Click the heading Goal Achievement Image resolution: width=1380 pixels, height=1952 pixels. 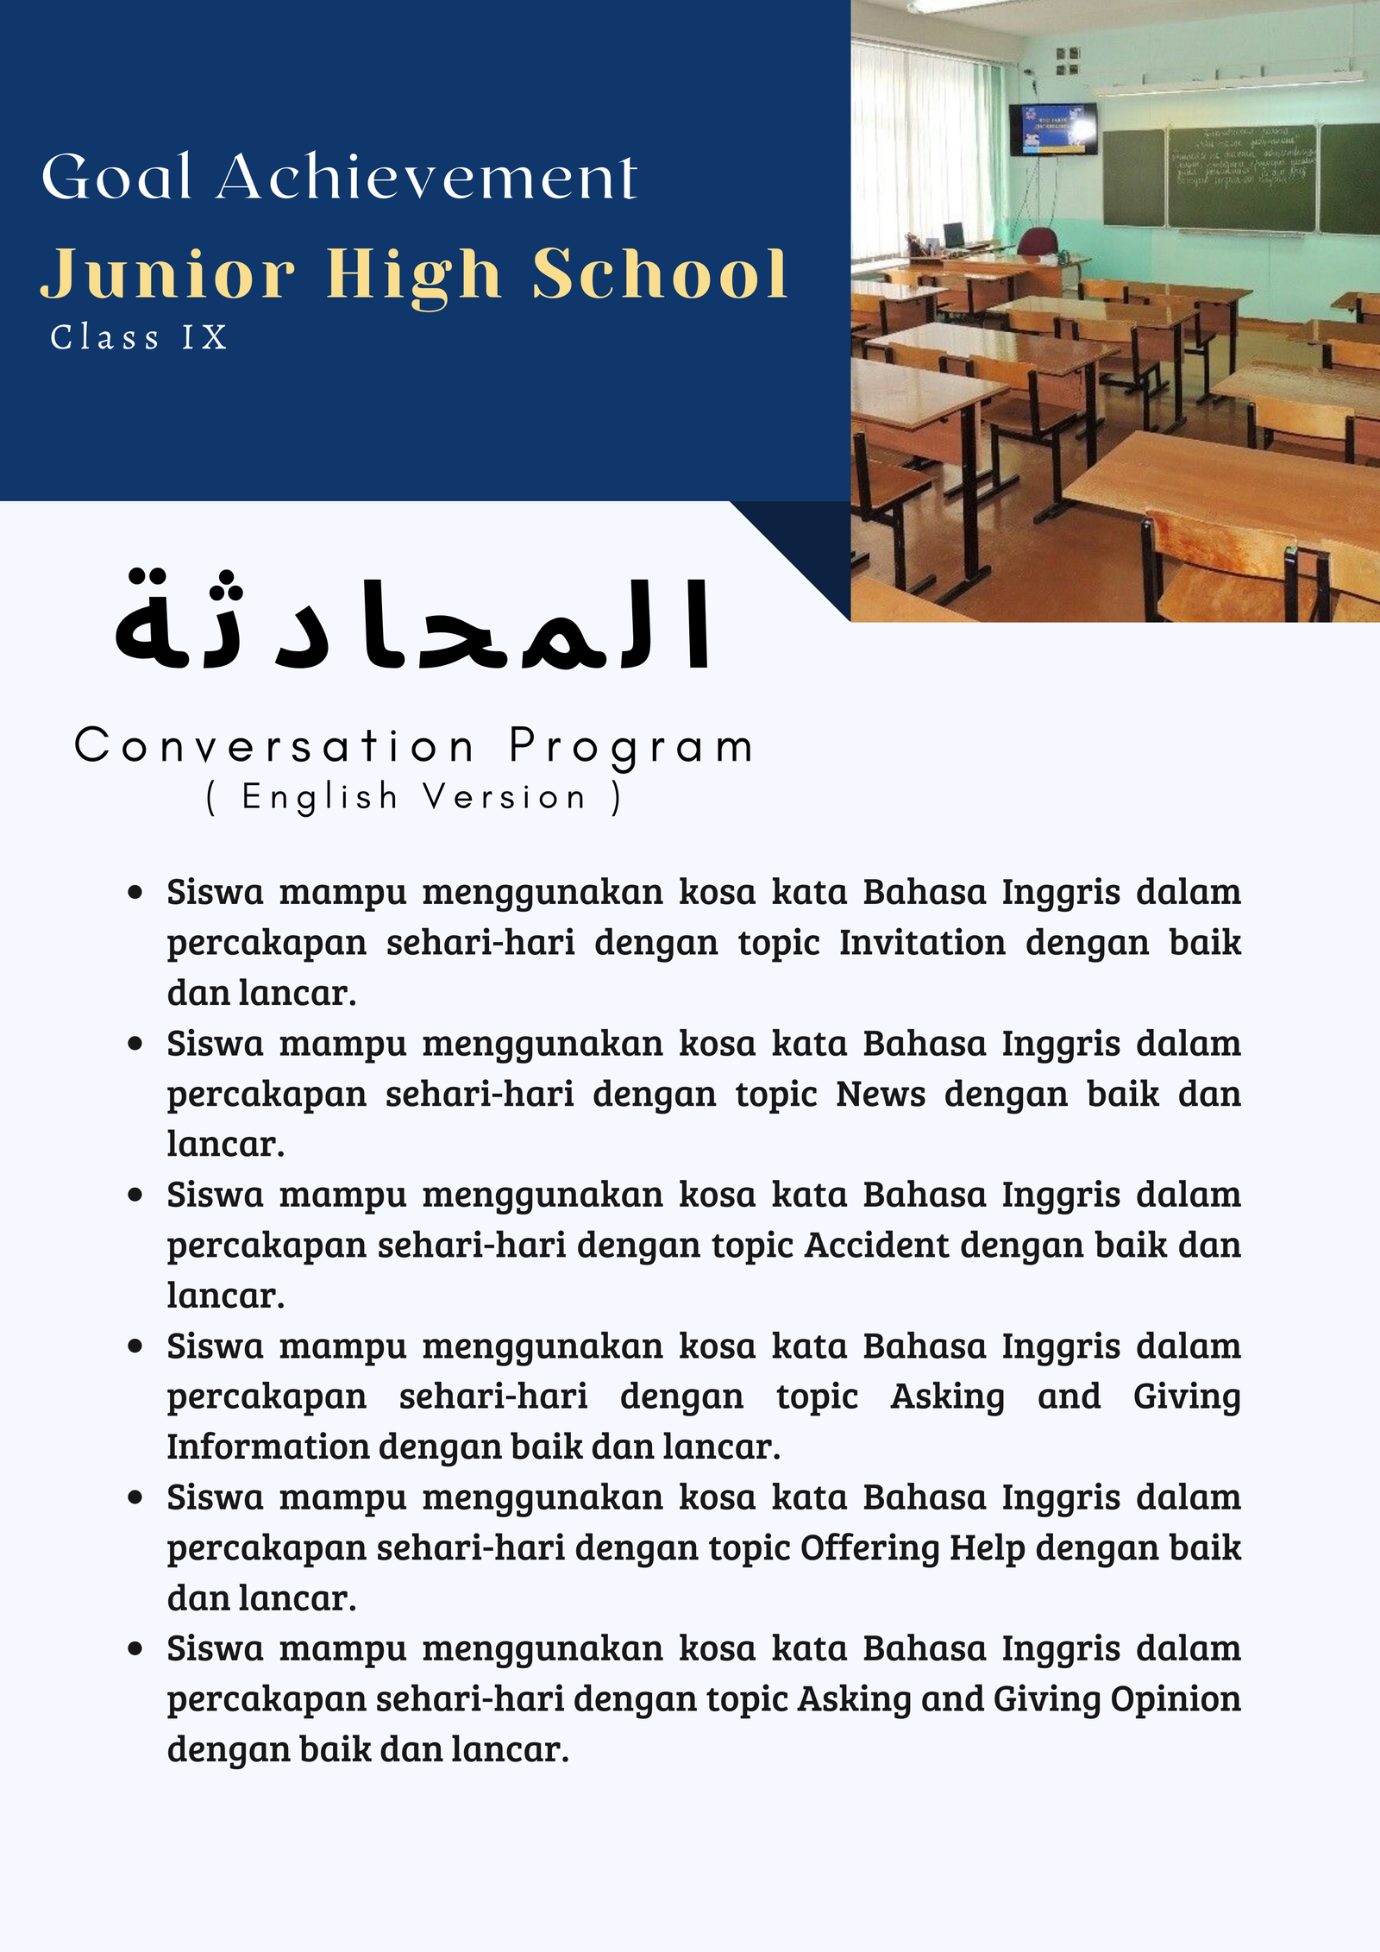[x=339, y=177]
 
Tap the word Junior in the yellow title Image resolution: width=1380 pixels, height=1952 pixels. [x=168, y=274]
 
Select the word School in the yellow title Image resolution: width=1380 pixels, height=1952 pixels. [x=660, y=274]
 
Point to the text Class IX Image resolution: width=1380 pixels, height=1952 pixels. [x=139, y=337]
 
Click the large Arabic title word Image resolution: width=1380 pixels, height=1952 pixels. [x=414, y=623]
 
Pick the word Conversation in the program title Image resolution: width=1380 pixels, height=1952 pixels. [x=274, y=746]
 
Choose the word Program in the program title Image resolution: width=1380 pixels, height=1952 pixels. [x=631, y=748]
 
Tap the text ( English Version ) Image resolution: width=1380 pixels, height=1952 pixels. [x=414, y=798]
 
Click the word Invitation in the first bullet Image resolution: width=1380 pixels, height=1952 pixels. [x=922, y=943]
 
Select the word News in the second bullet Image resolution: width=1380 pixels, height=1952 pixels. [x=881, y=1095]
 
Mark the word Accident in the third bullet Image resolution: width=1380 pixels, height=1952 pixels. [x=876, y=1246]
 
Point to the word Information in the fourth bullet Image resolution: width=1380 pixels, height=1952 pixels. [x=267, y=1447]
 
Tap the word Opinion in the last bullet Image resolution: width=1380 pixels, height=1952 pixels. [x=1176, y=1699]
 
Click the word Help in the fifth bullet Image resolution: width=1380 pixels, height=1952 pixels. [x=988, y=1548]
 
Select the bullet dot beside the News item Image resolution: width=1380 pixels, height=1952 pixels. [x=135, y=1044]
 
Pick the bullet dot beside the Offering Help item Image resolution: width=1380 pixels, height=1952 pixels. [x=135, y=1498]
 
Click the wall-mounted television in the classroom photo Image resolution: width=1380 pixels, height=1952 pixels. [x=1053, y=129]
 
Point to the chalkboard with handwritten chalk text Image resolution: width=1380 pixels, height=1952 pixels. [x=1242, y=177]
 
